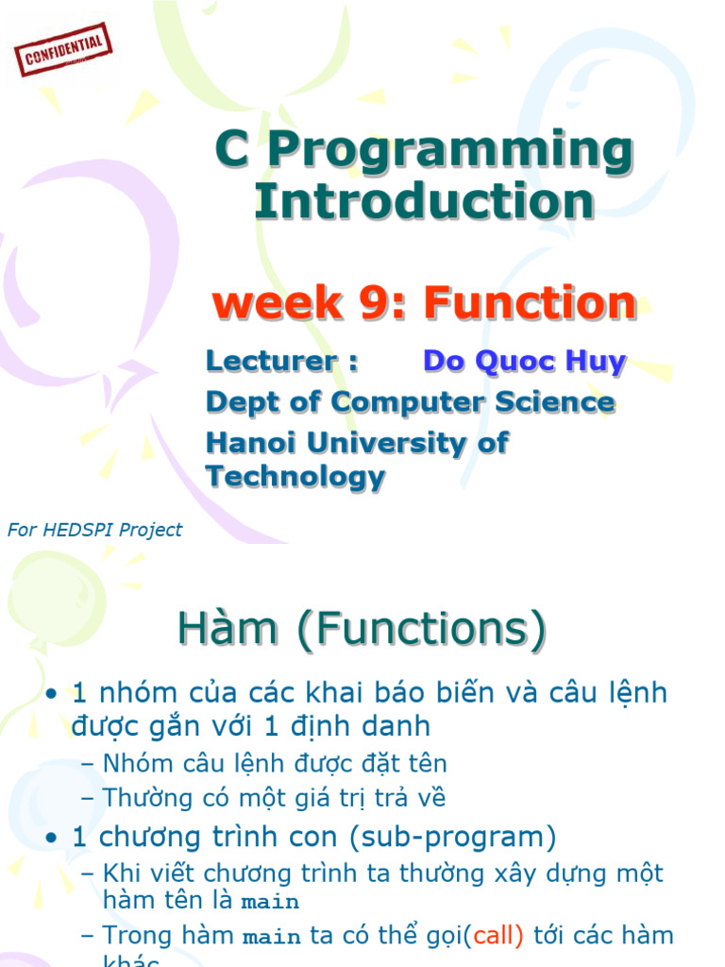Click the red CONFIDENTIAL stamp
point(64,50)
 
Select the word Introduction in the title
point(424,201)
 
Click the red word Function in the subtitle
point(530,303)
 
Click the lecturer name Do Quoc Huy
point(524,361)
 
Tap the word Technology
point(295,477)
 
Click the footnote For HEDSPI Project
point(94,530)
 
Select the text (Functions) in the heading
point(421,630)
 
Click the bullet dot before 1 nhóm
point(53,694)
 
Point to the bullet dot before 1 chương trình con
point(53,838)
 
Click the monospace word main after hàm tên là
point(270,902)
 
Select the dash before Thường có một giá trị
point(88,798)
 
